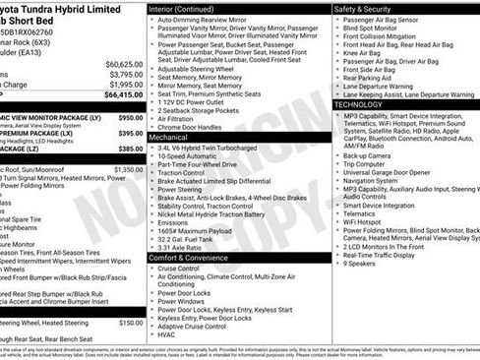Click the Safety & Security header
369,7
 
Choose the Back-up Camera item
368,155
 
